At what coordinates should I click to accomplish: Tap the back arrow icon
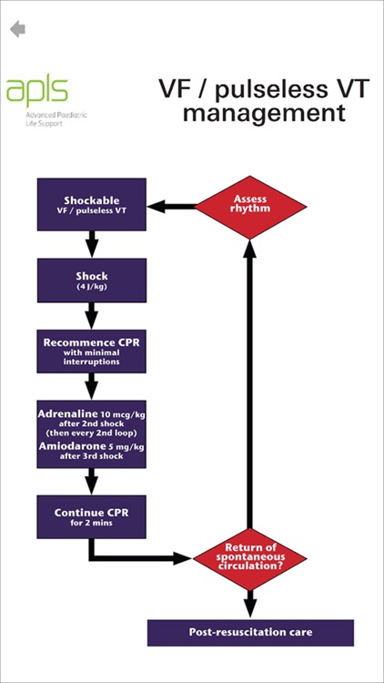17,29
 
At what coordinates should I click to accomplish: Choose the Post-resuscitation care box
250,632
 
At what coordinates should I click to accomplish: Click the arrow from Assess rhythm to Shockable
173,206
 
